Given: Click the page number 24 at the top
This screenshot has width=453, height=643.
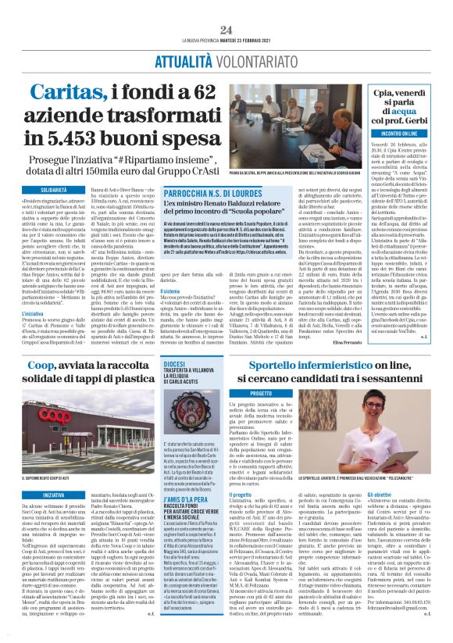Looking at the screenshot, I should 226,7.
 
